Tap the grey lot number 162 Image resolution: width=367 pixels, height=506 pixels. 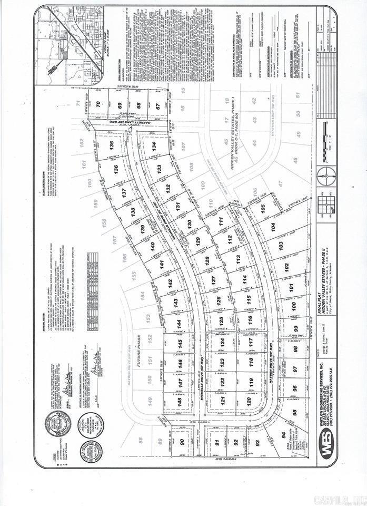(82, 143)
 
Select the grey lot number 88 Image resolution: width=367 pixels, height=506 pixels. (141, 441)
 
